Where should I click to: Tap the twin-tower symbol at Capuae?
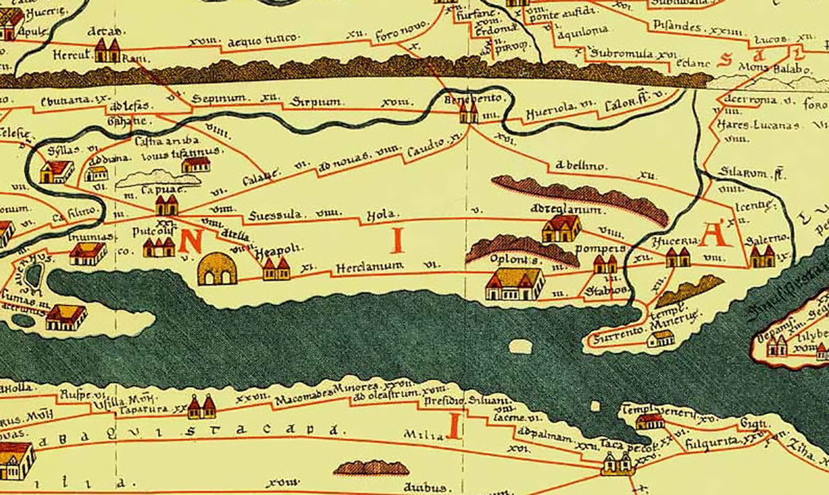click(x=166, y=205)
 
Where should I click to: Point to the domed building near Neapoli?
click(x=217, y=270)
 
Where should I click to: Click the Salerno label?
click(x=768, y=239)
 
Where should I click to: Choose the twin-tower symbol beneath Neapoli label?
click(x=276, y=269)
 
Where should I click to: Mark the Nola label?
click(x=379, y=214)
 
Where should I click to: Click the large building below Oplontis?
click(x=515, y=284)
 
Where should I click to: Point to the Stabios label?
click(x=598, y=290)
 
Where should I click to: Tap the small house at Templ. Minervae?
click(x=661, y=338)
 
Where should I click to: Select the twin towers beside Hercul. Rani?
click(x=107, y=50)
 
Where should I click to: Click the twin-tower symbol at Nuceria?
click(x=678, y=258)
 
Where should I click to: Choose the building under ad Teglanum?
click(x=560, y=228)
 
